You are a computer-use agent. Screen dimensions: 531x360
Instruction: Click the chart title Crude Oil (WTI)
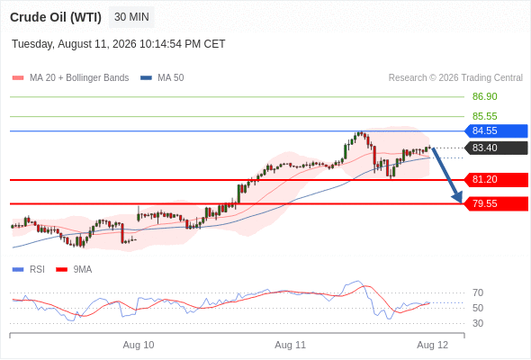(56, 17)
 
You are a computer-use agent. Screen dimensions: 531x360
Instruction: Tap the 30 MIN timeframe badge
(131, 17)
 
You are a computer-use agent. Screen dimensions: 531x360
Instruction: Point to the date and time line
(119, 44)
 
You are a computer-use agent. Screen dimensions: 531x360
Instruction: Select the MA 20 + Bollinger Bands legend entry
(70, 78)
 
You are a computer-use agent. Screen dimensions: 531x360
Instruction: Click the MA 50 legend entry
(162, 78)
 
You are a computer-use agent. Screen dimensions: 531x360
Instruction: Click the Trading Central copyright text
(455, 78)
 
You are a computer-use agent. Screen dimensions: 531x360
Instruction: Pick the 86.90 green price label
(484, 96)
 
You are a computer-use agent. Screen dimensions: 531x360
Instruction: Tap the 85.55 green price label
(484, 116)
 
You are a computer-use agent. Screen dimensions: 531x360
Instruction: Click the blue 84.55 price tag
(496, 130)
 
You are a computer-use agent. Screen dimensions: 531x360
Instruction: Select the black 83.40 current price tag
(496, 148)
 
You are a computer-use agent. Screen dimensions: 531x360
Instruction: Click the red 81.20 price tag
(496, 179)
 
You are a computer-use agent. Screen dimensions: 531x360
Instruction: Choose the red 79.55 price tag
(496, 204)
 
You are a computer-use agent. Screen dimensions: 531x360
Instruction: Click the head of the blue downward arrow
(461, 202)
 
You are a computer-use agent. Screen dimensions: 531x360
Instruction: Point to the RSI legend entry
(29, 270)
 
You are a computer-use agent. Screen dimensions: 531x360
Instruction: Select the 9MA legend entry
(74, 270)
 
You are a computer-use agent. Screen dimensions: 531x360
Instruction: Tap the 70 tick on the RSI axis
(478, 292)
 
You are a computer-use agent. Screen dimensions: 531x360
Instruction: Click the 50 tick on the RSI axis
(478, 308)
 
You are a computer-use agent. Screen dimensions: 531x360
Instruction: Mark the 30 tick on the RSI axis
(478, 323)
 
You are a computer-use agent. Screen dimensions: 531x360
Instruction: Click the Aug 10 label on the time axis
(139, 345)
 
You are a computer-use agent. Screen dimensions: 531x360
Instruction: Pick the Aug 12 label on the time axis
(433, 345)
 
